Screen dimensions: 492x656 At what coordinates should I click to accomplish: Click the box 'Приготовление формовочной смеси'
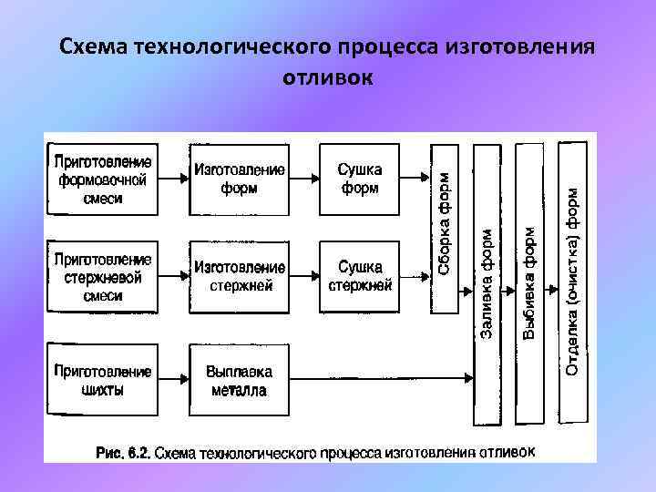tap(102, 179)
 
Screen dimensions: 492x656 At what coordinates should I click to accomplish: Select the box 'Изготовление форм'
tap(239, 179)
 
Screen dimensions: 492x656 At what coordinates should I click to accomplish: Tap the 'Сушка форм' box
tap(360, 179)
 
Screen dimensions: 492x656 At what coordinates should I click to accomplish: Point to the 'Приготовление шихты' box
tap(102, 380)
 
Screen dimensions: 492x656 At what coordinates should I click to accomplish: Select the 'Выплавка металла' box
tap(239, 380)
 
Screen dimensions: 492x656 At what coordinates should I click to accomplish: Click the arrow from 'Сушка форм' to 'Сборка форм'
tap(415, 179)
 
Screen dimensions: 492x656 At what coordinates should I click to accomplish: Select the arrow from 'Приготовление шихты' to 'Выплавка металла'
tap(172, 380)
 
